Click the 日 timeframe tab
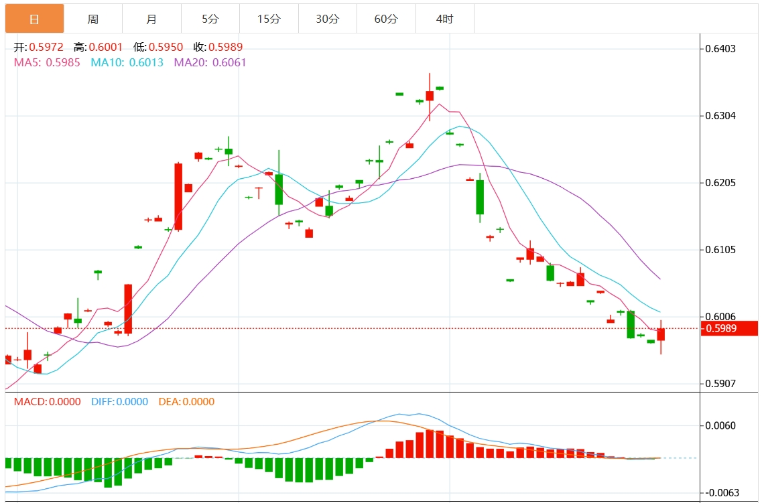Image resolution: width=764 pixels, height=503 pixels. pyautogui.click(x=34, y=19)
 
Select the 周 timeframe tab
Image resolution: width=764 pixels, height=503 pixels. pyautogui.click(x=93, y=19)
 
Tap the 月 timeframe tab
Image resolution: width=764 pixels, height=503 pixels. pyautogui.click(x=151, y=19)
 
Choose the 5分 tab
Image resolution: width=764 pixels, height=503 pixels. pyautogui.click(x=210, y=19)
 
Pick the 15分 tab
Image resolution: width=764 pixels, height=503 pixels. pyautogui.click(x=269, y=19)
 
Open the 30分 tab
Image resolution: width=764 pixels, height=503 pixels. pyautogui.click(x=327, y=19)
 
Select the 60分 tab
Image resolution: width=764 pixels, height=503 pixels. pyautogui.click(x=386, y=19)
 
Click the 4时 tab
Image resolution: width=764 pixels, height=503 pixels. pyautogui.click(x=444, y=19)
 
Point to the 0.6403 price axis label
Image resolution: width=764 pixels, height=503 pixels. pyautogui.click(x=721, y=49)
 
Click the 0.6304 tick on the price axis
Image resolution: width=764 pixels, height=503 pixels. pyautogui.click(x=721, y=116)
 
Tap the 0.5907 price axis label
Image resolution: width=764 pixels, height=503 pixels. pyautogui.click(x=721, y=384)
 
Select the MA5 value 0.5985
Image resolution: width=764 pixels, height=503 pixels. pyautogui.click(x=63, y=62)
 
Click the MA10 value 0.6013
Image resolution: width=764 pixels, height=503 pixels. pyautogui.click(x=145, y=62)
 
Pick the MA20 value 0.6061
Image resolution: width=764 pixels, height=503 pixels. pyautogui.click(x=229, y=62)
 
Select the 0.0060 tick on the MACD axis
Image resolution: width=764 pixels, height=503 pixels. pyautogui.click(x=721, y=426)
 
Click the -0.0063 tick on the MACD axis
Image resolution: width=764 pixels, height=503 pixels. pyautogui.click(x=720, y=493)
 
